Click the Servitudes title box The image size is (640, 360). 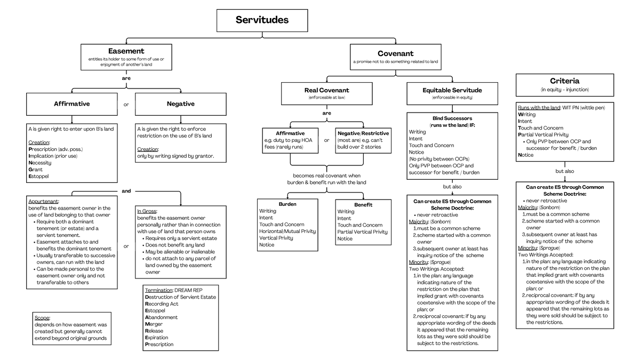[262, 20]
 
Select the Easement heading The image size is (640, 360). [126, 51]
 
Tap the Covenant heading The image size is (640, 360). [395, 53]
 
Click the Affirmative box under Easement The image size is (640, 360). [71, 104]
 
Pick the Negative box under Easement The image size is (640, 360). [180, 104]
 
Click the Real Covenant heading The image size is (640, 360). [326, 90]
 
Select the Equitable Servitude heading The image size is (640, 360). [452, 90]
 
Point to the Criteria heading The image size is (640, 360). [564, 81]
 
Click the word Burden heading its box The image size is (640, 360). [287, 204]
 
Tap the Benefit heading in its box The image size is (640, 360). [363, 205]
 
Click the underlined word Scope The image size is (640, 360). [42, 317]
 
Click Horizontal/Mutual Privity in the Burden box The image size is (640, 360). [287, 231]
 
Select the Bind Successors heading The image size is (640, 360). [452, 117]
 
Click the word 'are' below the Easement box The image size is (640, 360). [126, 78]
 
